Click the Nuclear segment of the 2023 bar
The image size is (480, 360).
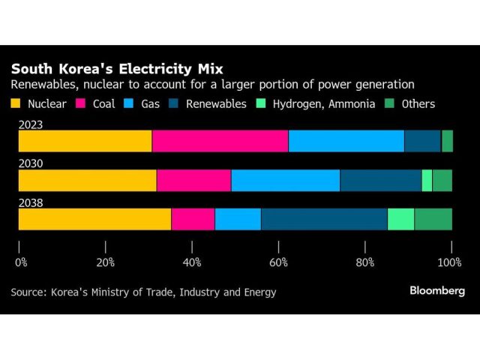85,141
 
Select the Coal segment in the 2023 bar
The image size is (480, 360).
220,141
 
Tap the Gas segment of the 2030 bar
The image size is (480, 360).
285,180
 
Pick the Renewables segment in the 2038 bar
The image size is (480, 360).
324,219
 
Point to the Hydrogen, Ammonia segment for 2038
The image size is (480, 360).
400,219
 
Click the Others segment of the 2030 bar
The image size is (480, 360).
442,180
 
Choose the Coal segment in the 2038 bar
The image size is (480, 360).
193,219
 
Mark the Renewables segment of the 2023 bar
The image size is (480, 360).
422,141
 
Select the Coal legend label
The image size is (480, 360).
102,103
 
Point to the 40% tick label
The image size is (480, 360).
192,262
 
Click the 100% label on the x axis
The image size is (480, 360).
449,262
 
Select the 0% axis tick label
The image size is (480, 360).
21,262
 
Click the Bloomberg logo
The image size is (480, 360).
437,291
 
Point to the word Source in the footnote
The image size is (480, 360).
29,292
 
